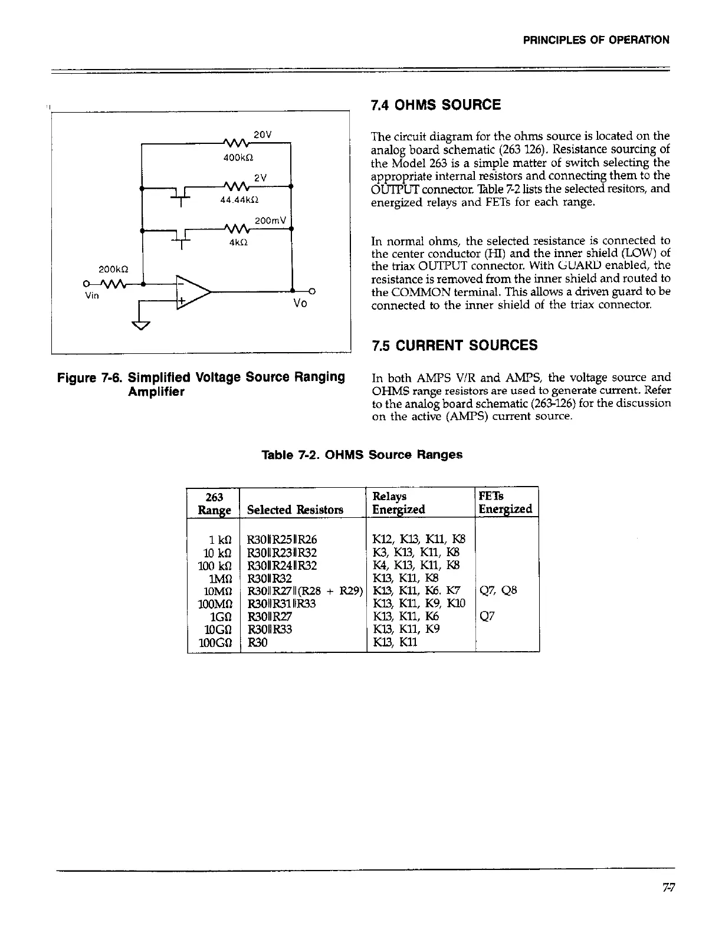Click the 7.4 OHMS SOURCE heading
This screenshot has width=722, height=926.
click(x=435, y=106)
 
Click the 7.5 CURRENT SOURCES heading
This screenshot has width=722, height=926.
click(x=454, y=346)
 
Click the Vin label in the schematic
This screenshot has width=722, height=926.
click(x=92, y=297)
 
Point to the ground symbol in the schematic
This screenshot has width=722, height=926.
click(x=143, y=325)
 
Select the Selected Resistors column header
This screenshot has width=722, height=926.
click(x=295, y=510)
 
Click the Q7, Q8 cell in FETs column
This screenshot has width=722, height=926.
click(x=499, y=590)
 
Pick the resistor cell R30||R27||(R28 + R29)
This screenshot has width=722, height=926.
click(x=304, y=590)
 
